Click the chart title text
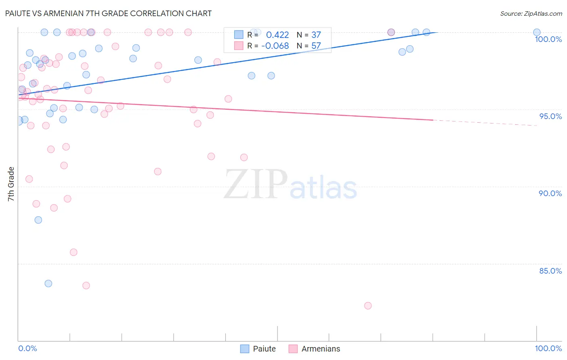point(108,13)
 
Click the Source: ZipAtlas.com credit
point(531,13)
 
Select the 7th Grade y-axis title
point(11,184)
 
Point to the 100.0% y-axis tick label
point(548,39)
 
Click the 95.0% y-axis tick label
point(550,116)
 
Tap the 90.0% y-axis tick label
point(550,193)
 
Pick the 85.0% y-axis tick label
point(550,271)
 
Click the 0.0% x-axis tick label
point(27,348)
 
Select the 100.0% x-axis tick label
point(548,348)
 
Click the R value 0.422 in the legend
point(277,35)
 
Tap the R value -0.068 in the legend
point(275,46)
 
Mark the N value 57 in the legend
point(316,46)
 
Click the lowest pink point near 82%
point(368,306)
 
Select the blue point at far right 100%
point(537,32)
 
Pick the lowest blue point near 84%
point(48,283)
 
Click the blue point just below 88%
point(38,220)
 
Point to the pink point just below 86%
point(73,252)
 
